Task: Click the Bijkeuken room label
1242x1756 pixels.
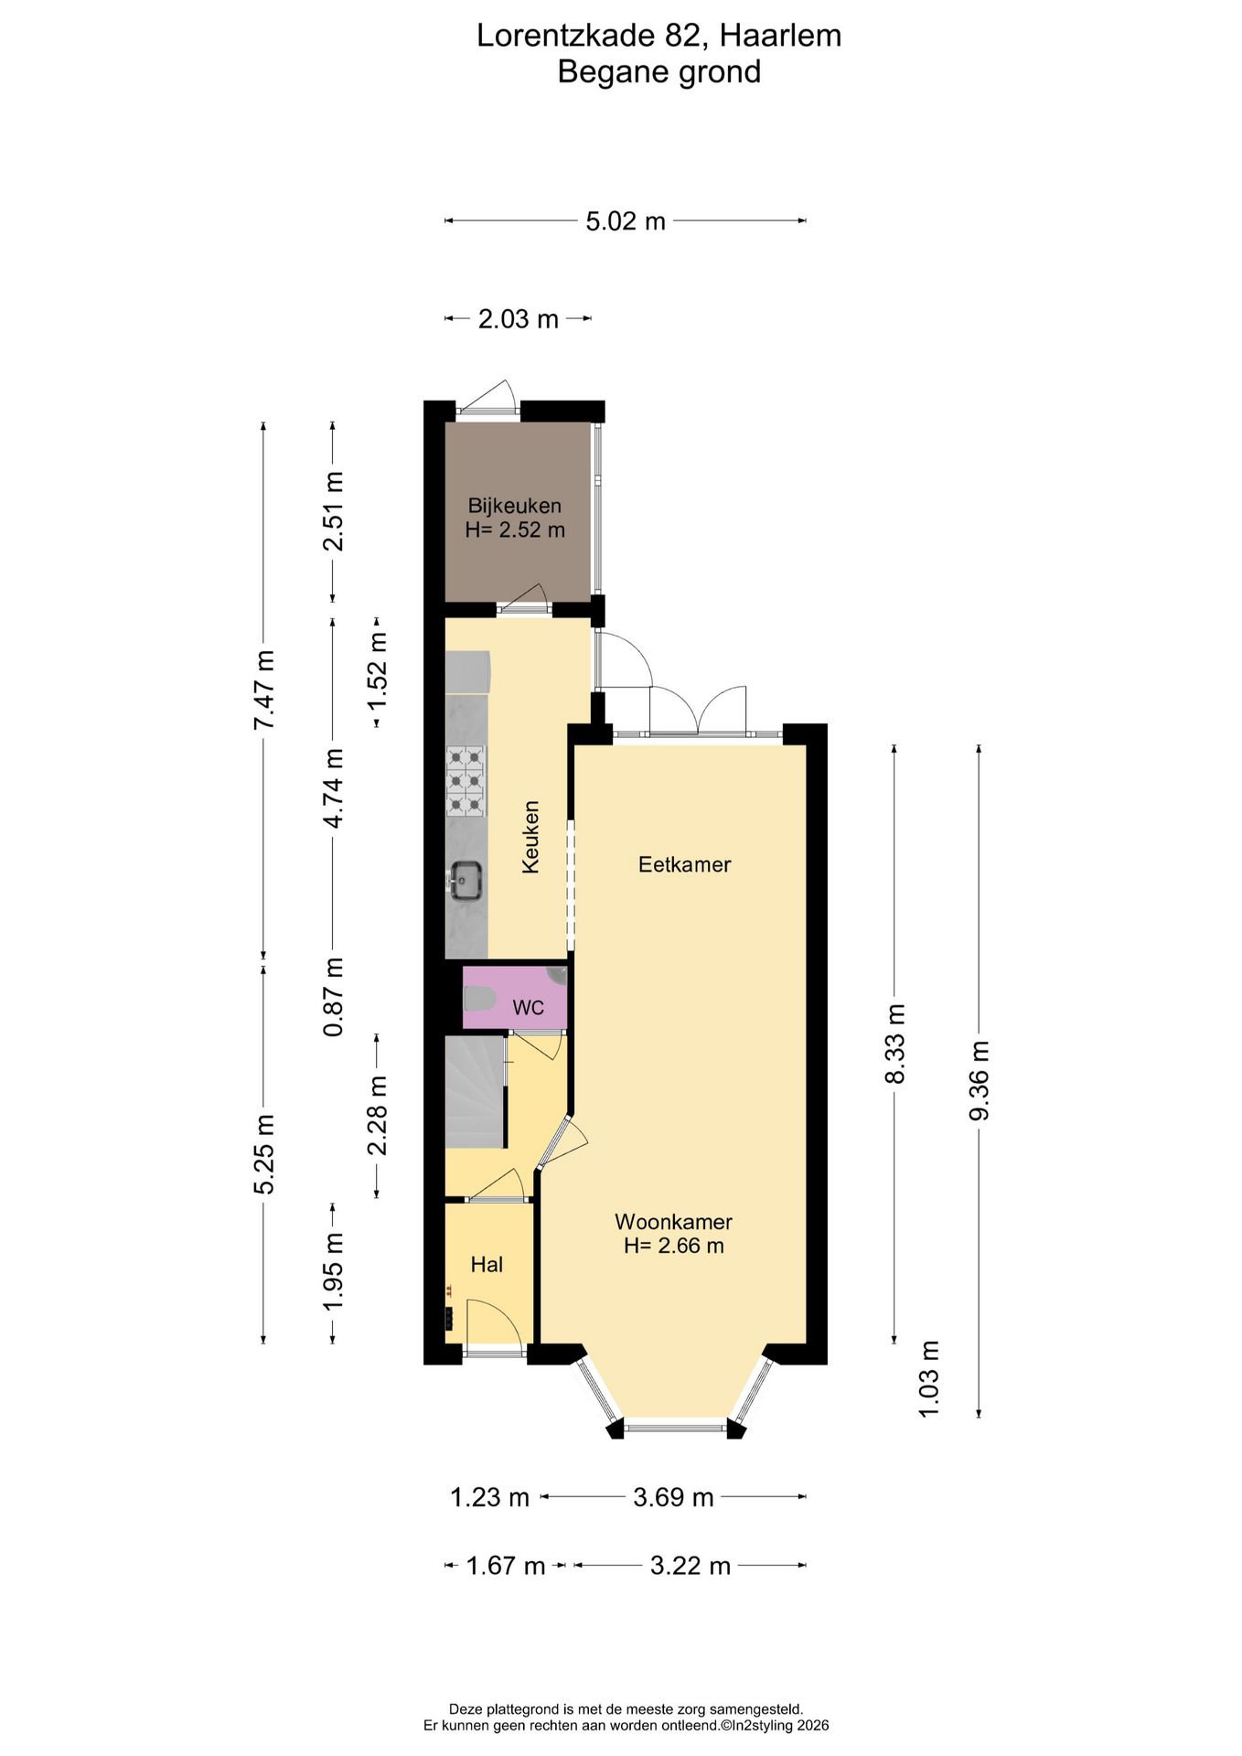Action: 515,506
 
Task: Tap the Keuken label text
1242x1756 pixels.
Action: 530,837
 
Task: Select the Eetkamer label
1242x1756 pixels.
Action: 685,864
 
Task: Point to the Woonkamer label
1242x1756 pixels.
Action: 674,1221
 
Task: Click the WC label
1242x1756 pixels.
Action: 529,1008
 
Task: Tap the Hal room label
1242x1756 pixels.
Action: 487,1265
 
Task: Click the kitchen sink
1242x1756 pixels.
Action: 466,882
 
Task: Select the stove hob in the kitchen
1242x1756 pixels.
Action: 466,781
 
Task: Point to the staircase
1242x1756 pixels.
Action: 476,1092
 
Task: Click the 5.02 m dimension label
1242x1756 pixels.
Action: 626,221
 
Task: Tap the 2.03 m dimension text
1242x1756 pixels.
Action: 519,319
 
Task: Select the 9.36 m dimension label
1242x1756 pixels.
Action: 980,1080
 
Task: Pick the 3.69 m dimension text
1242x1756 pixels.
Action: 674,1497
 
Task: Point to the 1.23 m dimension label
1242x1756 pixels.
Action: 490,1497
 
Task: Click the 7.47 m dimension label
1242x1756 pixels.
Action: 264,690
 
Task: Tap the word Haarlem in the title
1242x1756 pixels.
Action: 780,36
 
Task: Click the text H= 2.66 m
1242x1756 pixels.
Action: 674,1246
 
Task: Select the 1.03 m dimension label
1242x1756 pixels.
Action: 929,1379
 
